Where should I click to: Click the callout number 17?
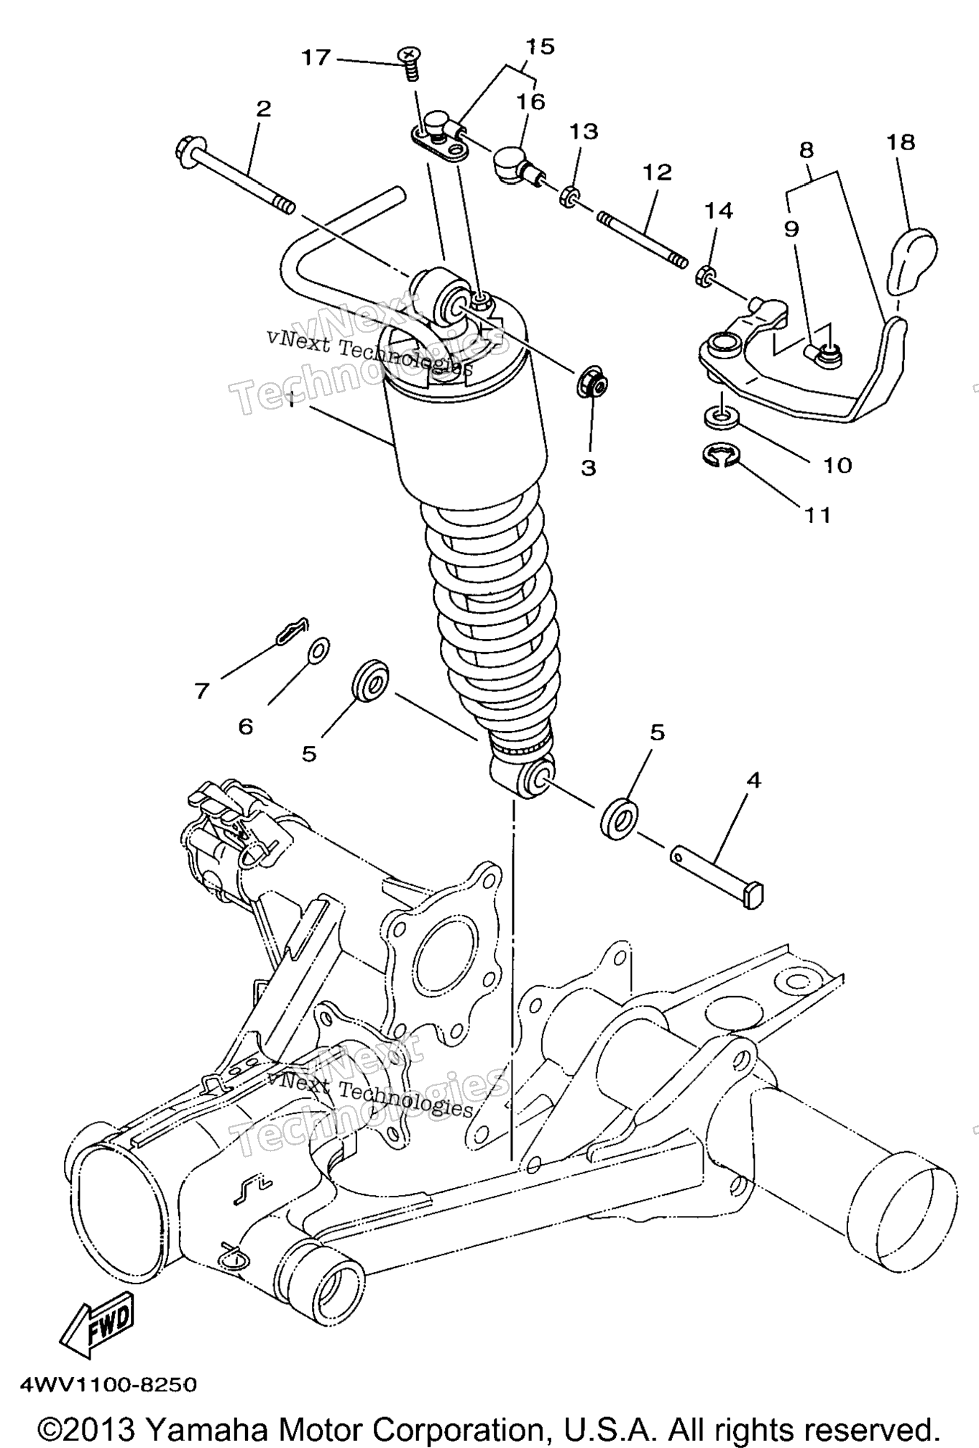(x=316, y=57)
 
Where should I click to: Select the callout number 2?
(x=264, y=109)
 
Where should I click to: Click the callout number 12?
(x=656, y=172)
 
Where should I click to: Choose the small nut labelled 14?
(x=707, y=275)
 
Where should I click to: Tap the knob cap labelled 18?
(x=913, y=260)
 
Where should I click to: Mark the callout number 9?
(x=791, y=229)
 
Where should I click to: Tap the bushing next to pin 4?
(x=617, y=816)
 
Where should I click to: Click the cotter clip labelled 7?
(x=293, y=630)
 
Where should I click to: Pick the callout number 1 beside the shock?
(x=292, y=400)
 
